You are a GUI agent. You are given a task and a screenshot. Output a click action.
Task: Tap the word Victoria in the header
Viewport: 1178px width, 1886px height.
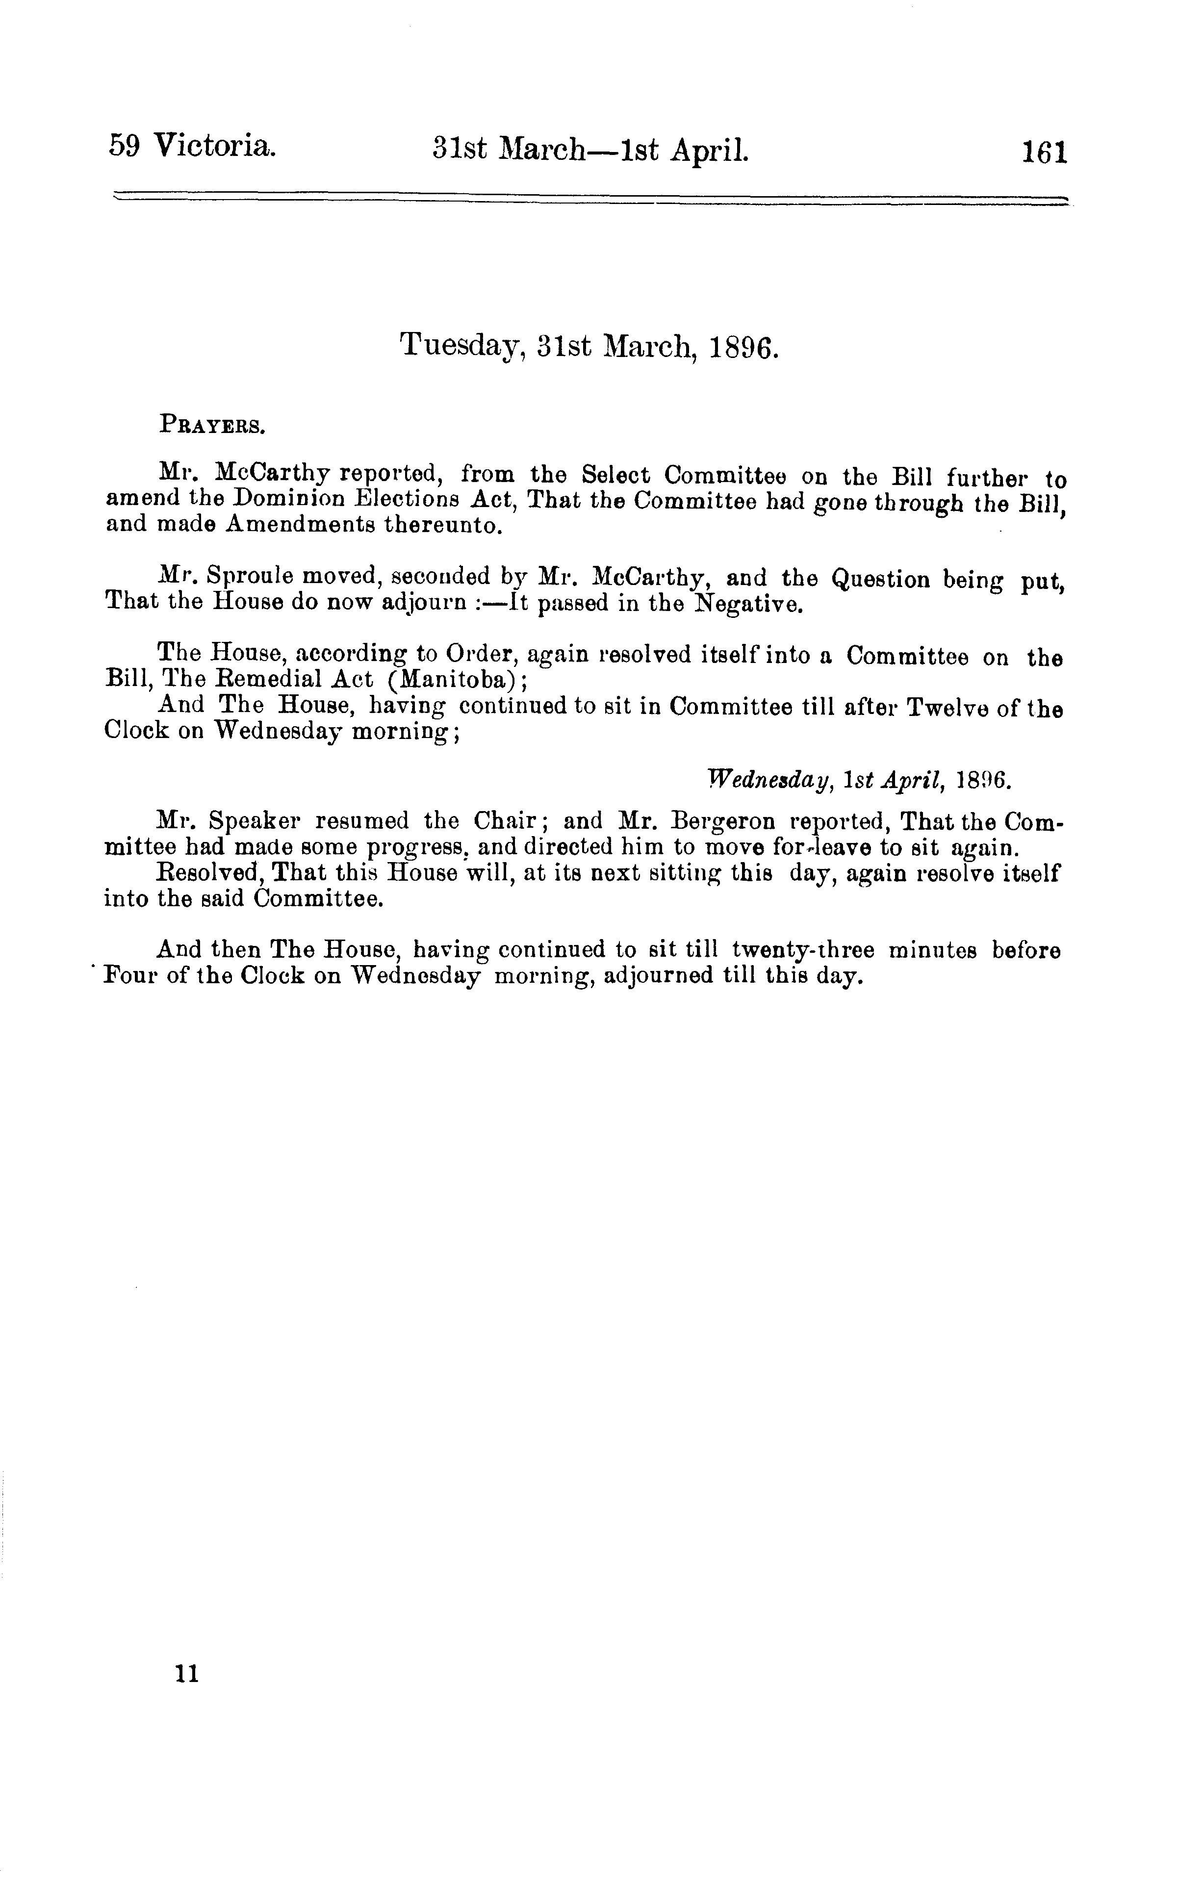(x=214, y=146)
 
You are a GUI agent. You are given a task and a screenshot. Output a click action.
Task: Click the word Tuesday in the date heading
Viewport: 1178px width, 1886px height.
(x=459, y=344)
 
